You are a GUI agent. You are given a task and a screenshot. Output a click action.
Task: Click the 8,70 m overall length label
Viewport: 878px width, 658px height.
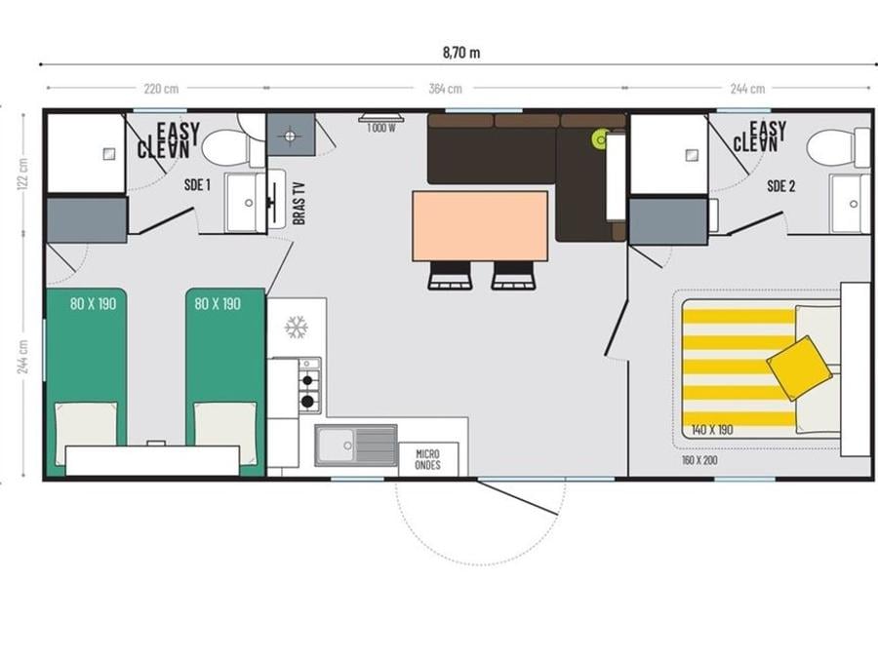click(x=461, y=53)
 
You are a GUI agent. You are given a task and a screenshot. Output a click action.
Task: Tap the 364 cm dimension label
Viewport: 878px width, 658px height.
click(x=446, y=89)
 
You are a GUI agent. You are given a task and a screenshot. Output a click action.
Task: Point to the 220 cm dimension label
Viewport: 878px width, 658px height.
click(x=161, y=89)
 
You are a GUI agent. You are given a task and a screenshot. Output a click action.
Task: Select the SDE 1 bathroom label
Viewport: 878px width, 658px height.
click(x=198, y=184)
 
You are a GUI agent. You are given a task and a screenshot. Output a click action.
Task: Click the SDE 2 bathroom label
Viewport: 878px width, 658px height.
click(x=781, y=186)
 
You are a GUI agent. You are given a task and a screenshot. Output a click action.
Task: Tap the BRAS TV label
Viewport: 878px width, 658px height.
click(x=299, y=204)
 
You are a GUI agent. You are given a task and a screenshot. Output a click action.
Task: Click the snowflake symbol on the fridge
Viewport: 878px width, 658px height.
click(x=296, y=327)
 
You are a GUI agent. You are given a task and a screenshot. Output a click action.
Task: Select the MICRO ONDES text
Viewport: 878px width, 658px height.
click(x=428, y=459)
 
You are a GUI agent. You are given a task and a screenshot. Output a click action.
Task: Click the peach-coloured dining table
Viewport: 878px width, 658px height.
click(x=480, y=225)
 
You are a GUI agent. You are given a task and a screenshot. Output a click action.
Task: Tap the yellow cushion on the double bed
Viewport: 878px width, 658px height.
click(x=798, y=368)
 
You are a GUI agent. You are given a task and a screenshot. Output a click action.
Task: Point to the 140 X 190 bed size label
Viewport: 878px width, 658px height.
click(x=712, y=430)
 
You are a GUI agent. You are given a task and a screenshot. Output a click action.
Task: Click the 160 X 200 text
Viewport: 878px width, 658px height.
click(x=699, y=460)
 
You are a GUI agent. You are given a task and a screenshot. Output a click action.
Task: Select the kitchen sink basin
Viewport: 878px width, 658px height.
click(x=335, y=445)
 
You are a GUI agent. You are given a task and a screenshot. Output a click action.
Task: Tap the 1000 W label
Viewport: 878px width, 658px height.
click(x=381, y=128)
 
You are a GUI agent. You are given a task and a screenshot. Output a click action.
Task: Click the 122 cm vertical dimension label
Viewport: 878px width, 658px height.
click(x=23, y=174)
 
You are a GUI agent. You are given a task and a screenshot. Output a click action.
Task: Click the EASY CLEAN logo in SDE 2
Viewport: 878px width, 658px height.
click(x=760, y=136)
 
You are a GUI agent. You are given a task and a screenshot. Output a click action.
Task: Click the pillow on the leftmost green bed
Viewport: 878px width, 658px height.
click(x=86, y=424)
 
